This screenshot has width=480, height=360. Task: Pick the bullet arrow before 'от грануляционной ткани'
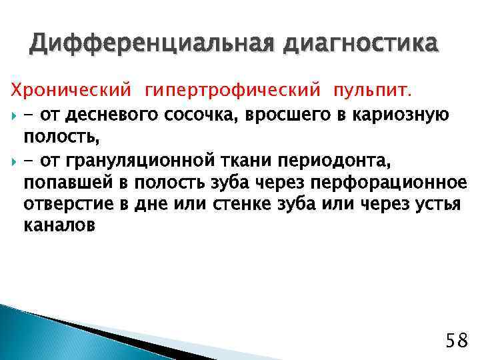(x=15, y=161)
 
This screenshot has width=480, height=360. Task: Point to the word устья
(x=439, y=204)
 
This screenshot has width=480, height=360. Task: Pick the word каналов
(x=59, y=225)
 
